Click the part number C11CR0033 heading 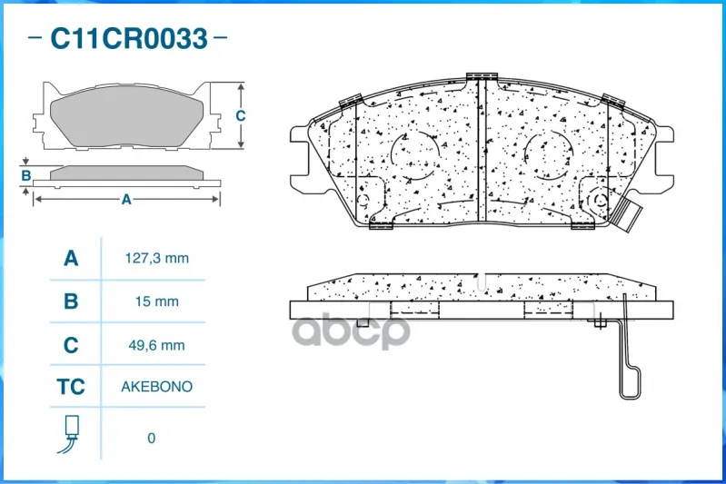[129, 38]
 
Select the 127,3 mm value [157, 258]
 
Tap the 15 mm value [157, 301]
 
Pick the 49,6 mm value [157, 345]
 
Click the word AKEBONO [157, 386]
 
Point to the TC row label [71, 386]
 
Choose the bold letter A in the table [71, 258]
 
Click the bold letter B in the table [71, 301]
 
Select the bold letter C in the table [71, 345]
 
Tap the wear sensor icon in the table [69, 434]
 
